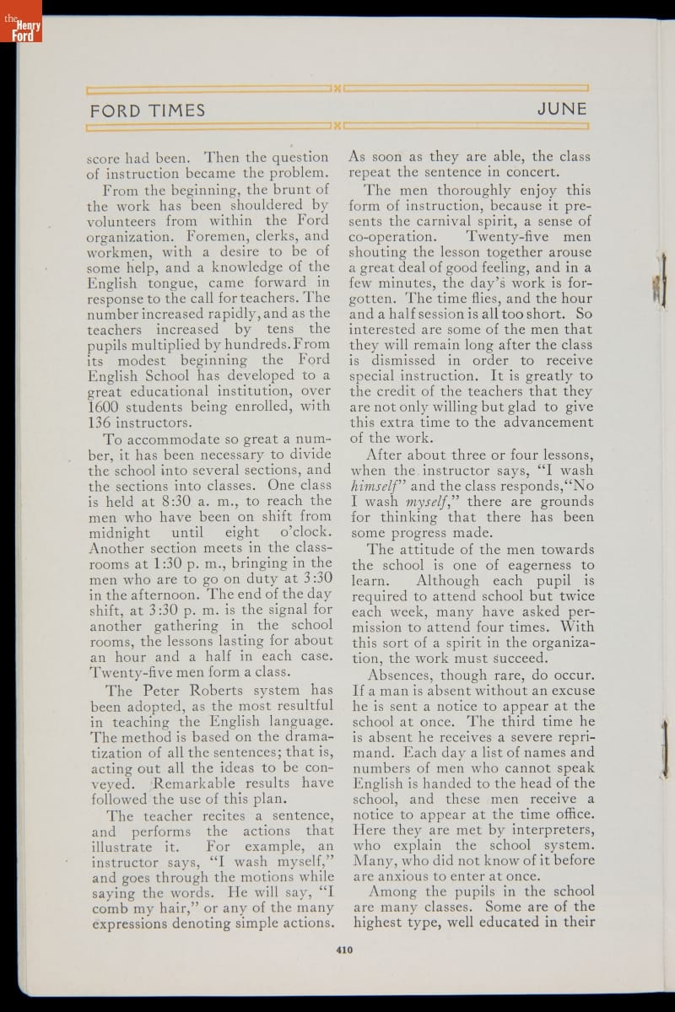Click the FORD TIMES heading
(148, 110)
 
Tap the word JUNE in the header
(561, 110)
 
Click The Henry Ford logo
(21, 21)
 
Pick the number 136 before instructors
(101, 423)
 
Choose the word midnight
(119, 533)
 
